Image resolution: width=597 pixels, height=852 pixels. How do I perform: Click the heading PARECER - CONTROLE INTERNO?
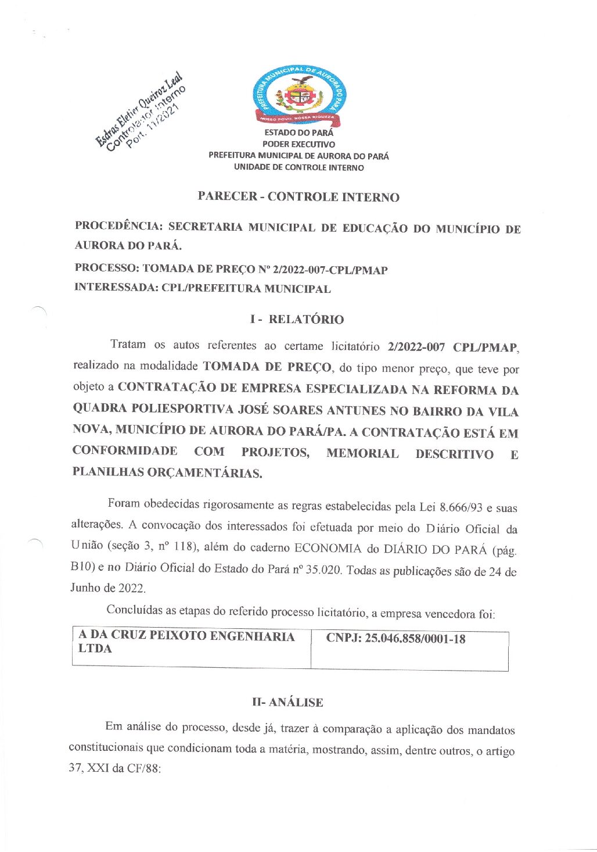(298, 196)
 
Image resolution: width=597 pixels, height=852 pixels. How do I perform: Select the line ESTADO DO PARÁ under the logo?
(298, 133)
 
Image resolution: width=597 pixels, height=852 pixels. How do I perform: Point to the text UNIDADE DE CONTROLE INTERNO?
(298, 167)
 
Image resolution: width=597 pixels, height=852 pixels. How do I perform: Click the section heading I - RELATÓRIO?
(297, 319)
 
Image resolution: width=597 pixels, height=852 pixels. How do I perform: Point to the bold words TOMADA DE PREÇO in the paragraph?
(267, 367)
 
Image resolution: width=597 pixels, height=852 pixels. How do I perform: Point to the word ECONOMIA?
(328, 548)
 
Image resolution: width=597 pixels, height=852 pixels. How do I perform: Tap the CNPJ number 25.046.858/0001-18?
(415, 639)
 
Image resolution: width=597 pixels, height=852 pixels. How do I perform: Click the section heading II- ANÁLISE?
(287, 702)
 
